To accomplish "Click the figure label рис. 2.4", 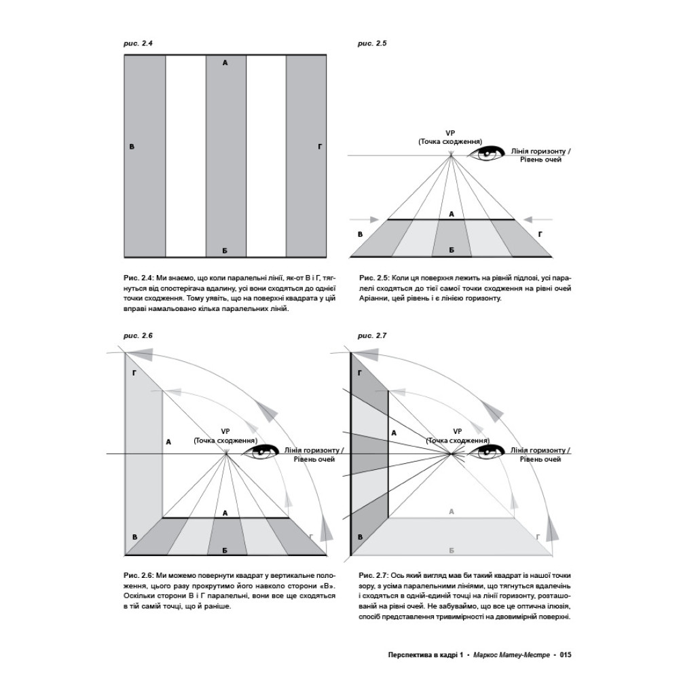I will tap(139, 43).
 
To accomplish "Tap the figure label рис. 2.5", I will tap(372, 43).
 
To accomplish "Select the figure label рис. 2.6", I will tap(139, 335).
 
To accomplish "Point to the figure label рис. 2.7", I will tap(372, 335).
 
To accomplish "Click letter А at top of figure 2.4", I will tap(225, 62).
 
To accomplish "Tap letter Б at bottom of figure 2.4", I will tap(225, 251).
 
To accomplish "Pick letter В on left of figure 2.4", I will tap(132, 147).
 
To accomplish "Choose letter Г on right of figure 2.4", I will tap(320, 147).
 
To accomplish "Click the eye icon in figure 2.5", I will tap(488, 154).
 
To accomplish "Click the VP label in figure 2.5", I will tap(450, 132).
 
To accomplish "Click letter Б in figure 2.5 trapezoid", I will tap(451, 250).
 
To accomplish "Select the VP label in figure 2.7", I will tap(458, 430).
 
